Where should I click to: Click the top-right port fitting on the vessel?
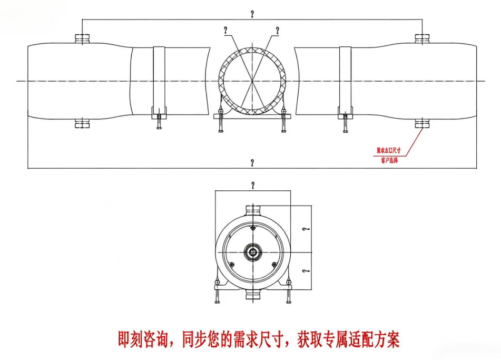[x=422, y=38]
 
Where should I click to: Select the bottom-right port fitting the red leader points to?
[x=422, y=124]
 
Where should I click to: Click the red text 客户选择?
[x=389, y=160]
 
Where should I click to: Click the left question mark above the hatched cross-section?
[x=226, y=31]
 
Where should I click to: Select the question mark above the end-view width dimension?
[x=253, y=185]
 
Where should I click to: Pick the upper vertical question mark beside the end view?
[x=306, y=229]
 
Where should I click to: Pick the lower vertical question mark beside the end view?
[x=306, y=270]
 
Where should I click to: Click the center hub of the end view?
[x=253, y=252]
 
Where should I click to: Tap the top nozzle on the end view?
[x=253, y=210]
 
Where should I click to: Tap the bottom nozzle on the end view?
[x=253, y=296]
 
